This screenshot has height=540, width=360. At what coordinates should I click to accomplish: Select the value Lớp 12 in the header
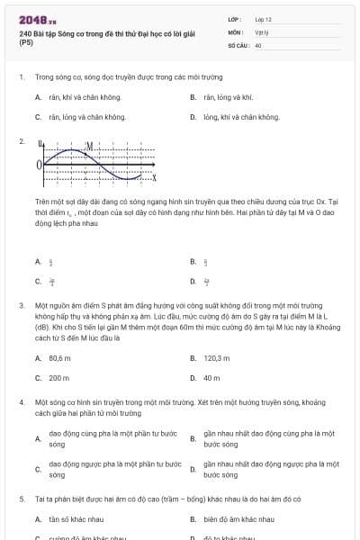click(263, 18)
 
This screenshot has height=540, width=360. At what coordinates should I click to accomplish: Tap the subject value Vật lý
click(260, 31)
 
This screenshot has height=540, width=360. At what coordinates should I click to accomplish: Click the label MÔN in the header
click(235, 31)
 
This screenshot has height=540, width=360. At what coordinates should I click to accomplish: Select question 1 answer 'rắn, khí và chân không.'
click(78, 96)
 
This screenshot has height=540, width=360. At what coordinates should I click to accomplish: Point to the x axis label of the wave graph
click(154, 175)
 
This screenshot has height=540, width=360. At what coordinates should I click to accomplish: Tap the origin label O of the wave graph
click(39, 165)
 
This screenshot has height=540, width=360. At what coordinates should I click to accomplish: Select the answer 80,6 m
click(59, 357)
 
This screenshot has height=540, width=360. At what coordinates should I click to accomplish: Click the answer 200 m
click(58, 377)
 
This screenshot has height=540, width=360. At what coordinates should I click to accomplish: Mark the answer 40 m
click(211, 377)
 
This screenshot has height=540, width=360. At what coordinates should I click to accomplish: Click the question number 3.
click(21, 305)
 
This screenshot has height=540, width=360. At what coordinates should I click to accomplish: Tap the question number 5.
click(21, 498)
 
